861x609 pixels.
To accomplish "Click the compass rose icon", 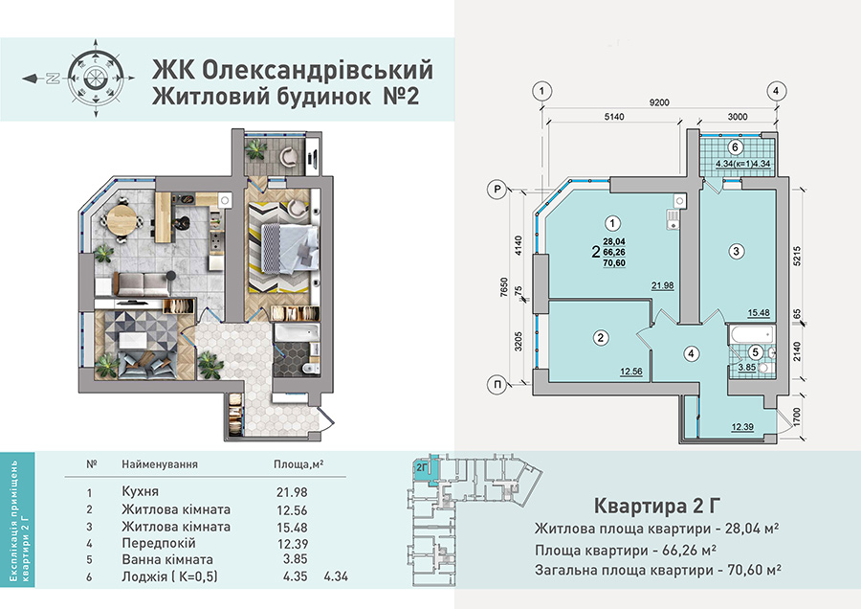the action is coord(96,79).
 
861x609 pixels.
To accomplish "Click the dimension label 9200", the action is coord(659,102).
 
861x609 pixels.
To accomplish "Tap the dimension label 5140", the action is coord(613,117).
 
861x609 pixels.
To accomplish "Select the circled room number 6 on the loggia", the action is coord(736,147).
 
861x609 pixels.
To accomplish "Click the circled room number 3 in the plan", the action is coord(737,252).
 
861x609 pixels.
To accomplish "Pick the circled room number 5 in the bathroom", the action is coord(756,352).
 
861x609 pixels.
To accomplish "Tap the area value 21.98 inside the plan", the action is coord(663,285).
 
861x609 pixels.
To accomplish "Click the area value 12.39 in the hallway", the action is coord(742,427).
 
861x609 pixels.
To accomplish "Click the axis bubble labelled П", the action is coord(497,385).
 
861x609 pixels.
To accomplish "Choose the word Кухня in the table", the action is coord(140,491).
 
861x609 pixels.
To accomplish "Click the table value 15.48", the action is coord(292,527).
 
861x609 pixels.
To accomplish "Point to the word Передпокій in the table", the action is coord(158,544).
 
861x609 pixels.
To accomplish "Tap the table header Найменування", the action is coord(160,464).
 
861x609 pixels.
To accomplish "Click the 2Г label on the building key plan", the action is coord(422,467).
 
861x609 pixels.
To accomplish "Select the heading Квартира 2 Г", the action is coord(656,506).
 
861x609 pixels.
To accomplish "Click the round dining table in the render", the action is coord(121,218).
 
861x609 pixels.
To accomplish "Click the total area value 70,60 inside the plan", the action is coord(614,263).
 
